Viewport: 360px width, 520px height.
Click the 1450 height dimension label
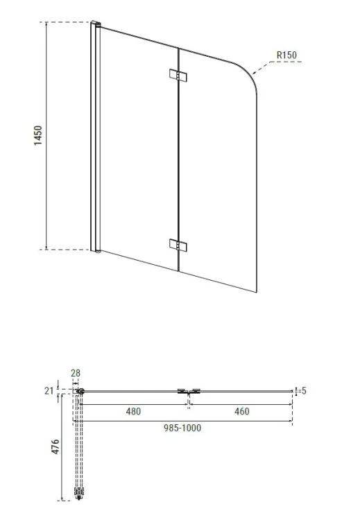coord(38,135)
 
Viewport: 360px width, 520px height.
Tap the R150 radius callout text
coord(286,55)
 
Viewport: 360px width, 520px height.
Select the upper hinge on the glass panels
coord(178,76)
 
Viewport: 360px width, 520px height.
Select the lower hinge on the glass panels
coord(178,245)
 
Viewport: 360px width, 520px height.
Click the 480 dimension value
coord(133,411)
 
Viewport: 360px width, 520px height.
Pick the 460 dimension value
coord(242,411)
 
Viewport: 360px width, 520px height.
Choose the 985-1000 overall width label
coord(182,428)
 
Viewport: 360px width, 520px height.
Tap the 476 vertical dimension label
coord(55,447)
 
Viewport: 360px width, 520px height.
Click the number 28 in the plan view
coord(76,373)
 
